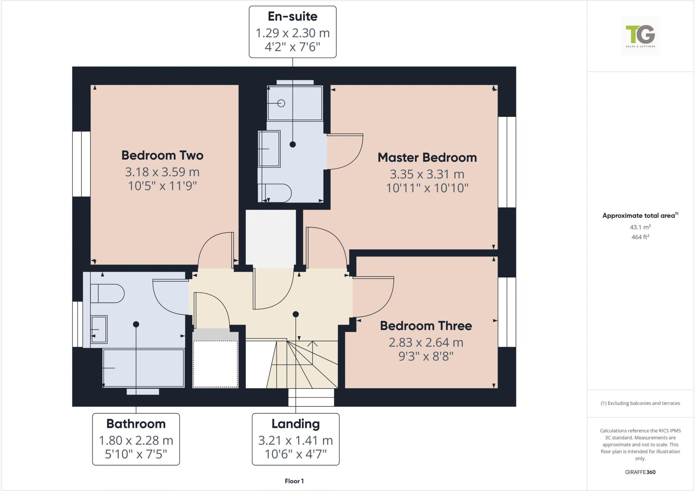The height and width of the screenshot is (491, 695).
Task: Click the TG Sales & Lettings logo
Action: [640, 36]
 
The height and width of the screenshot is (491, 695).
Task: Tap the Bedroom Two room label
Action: [162, 156]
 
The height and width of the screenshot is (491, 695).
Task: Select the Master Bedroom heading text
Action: [427, 158]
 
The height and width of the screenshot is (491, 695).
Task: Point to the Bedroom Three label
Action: [426, 326]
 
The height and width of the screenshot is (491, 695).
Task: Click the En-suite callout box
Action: [293, 32]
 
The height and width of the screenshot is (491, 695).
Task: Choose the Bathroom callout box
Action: [136, 439]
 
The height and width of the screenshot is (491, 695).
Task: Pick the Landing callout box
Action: [295, 439]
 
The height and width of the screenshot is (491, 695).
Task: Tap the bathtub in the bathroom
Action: [143, 368]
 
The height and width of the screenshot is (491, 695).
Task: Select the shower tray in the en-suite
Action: [295, 103]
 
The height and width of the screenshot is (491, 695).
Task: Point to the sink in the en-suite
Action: [269, 149]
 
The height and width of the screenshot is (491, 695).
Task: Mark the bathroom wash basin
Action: [99, 329]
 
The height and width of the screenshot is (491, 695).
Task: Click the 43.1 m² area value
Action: [640, 227]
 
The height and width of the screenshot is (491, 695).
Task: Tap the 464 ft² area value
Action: [640, 237]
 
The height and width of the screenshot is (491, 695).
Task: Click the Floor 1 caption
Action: [294, 481]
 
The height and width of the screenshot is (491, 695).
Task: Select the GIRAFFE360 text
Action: [640, 472]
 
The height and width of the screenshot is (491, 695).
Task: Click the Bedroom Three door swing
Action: [373, 296]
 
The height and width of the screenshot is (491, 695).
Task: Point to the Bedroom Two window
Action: [81, 164]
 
